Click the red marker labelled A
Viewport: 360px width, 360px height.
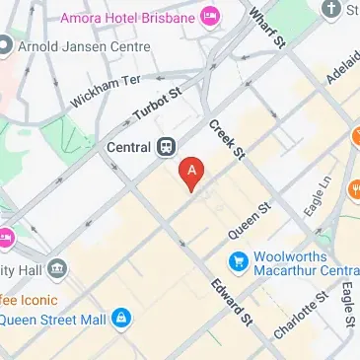pyautogui.click(x=192, y=173)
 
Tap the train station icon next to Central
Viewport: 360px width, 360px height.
pyautogui.click(x=165, y=147)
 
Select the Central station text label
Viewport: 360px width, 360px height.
pyautogui.click(x=127, y=148)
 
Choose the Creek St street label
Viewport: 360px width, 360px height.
pyautogui.click(x=226, y=139)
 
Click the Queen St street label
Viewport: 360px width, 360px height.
pyautogui.click(x=251, y=223)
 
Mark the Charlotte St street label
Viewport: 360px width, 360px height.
pyautogui.click(x=300, y=316)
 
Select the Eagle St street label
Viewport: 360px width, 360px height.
pyautogui.click(x=347, y=305)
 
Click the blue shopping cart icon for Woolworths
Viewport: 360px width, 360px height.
pyautogui.click(x=237, y=261)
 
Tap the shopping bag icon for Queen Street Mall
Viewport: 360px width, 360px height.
pyautogui.click(x=120, y=319)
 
